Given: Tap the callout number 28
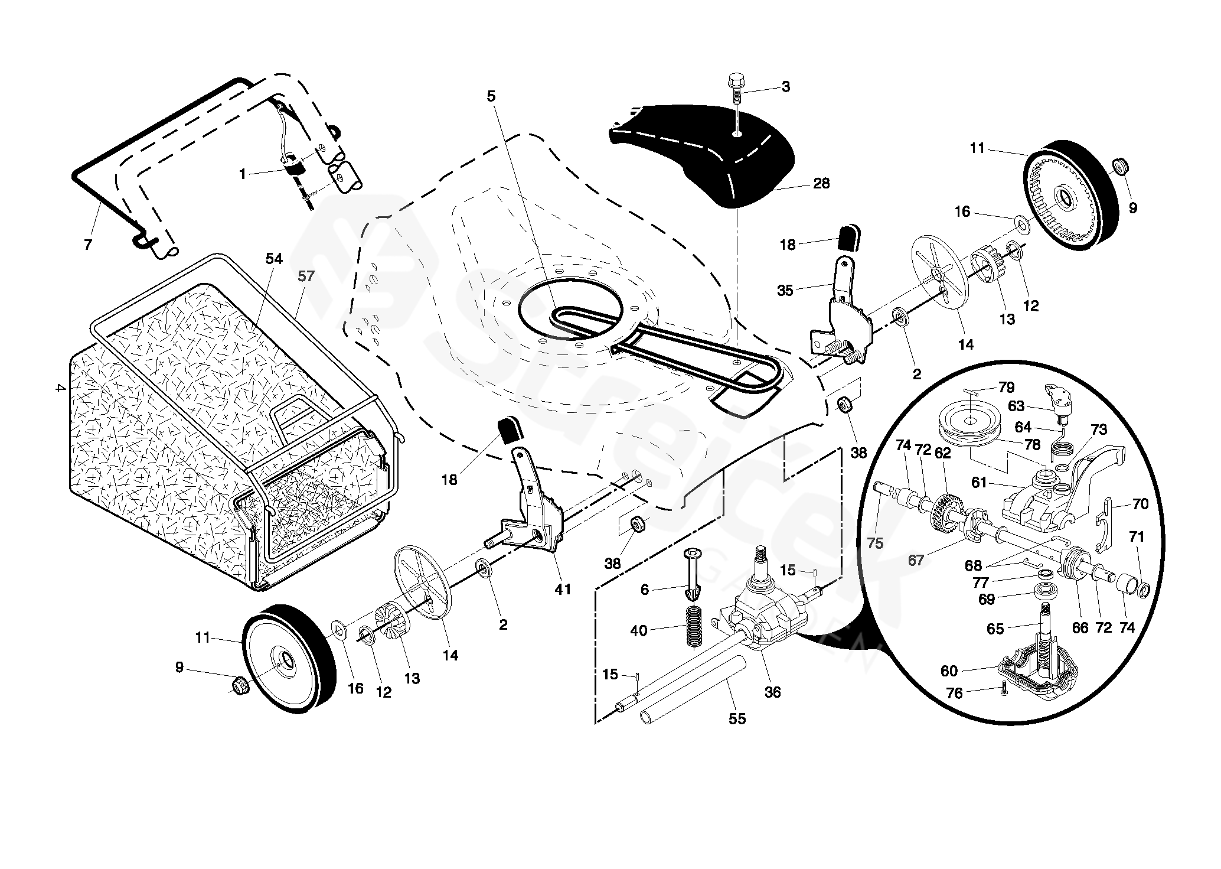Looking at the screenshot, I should [821, 184].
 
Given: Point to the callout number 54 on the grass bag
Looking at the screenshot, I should [274, 259].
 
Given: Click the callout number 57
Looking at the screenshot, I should [306, 276].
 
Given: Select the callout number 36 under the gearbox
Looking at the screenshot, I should [772, 692].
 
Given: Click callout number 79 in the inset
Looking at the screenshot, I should [1006, 388].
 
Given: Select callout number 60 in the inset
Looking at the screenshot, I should [949, 671].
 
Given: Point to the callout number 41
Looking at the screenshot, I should [563, 588].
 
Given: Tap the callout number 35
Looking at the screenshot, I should [785, 290].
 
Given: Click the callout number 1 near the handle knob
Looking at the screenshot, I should [243, 174].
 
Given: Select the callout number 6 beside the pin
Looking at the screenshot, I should [645, 590].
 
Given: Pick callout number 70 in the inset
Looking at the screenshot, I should [1140, 504].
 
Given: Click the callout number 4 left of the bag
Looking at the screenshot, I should [58, 388].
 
